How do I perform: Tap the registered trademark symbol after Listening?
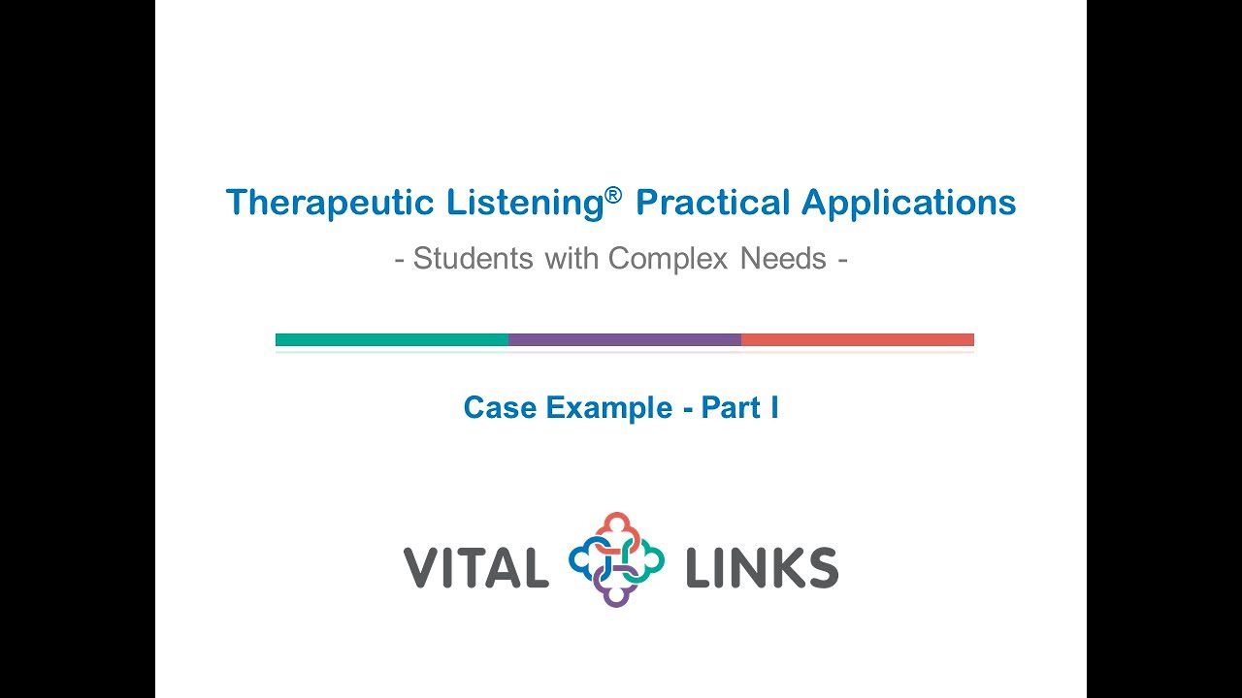(612, 194)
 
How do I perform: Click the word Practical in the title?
(712, 203)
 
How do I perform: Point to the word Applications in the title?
(908, 204)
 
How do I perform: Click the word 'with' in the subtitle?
(572, 259)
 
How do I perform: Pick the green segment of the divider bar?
(392, 339)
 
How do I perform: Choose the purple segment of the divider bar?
(625, 339)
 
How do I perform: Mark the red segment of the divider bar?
(858, 339)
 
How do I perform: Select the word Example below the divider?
(609, 408)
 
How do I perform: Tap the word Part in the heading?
(731, 407)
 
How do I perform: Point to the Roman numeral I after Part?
(774, 407)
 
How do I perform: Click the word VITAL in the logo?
(475, 567)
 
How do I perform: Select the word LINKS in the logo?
(762, 567)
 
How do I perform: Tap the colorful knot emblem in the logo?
(616, 559)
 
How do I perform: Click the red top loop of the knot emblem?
(616, 526)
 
